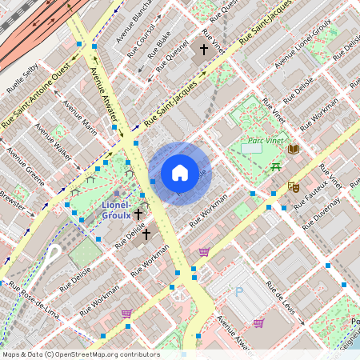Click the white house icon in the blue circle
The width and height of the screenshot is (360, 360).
180,173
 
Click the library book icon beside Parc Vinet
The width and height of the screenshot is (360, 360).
294,149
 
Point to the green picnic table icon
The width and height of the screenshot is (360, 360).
275,166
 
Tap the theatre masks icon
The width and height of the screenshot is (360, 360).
294,186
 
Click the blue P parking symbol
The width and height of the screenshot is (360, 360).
238,293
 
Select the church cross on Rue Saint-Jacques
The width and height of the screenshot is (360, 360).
204,50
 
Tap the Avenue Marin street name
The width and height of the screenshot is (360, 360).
79,118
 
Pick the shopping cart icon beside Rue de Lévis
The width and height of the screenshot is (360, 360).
258,323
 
